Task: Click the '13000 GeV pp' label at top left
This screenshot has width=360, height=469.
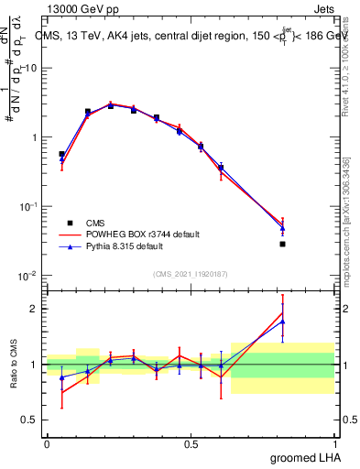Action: coord(82,7)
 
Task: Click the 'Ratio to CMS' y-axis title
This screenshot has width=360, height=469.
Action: coord(14,365)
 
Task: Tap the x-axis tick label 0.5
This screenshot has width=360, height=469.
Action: coord(191,443)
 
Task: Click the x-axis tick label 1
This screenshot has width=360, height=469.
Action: coord(334,443)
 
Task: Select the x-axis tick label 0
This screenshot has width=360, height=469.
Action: coord(47,443)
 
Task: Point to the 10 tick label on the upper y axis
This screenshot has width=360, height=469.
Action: coord(30,69)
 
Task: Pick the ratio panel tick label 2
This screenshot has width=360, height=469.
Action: coord(34,309)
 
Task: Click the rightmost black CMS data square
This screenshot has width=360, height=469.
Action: coord(283,244)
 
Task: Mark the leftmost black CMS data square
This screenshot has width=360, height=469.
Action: coord(61,154)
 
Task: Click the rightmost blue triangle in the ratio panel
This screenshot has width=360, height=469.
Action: coord(283,322)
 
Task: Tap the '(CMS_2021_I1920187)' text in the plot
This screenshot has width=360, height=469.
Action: coord(191,272)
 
